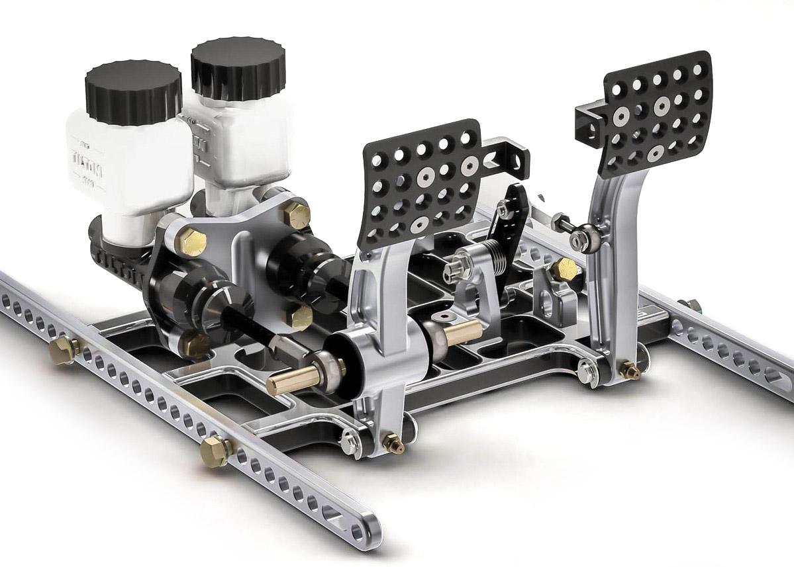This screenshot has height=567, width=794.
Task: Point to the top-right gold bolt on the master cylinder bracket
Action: (x=295, y=214)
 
